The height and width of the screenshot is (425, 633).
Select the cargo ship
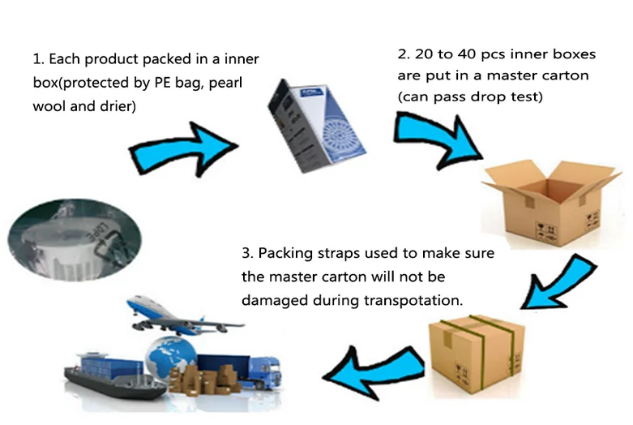(x=109, y=369)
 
